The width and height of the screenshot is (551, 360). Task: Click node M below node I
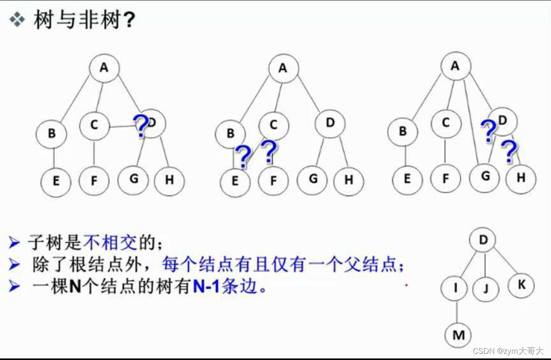[x=458, y=335]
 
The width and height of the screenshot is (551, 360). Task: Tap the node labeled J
[x=486, y=288]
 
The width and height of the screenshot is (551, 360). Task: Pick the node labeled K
[x=521, y=285]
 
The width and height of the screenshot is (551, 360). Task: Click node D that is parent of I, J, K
[x=483, y=240]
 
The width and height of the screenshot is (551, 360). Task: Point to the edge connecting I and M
[x=456, y=312]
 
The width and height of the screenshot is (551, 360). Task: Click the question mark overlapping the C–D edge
[x=140, y=126]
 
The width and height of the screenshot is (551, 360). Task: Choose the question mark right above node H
[x=509, y=152]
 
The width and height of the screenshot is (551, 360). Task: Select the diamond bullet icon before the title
[x=18, y=20]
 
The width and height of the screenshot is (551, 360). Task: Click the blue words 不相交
[x=110, y=243]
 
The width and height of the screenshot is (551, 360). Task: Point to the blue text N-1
[x=206, y=287]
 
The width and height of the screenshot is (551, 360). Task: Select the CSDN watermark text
[x=508, y=351]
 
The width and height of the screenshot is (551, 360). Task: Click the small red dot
[x=406, y=285]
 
